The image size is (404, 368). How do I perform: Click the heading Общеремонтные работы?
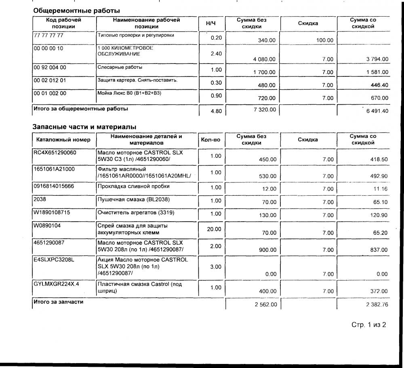(76, 10)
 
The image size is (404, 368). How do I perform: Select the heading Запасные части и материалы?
(84, 127)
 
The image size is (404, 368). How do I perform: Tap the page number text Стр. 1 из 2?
(369, 325)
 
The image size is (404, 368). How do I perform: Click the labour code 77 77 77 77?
(49, 35)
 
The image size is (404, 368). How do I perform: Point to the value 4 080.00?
(264, 59)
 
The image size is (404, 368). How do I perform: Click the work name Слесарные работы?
(120, 68)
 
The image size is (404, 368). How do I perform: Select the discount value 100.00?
(325, 40)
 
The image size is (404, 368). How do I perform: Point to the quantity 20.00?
(214, 229)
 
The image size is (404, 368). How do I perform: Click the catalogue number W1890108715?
(54, 212)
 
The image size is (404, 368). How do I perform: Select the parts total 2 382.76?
(377, 305)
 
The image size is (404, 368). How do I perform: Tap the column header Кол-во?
(210, 140)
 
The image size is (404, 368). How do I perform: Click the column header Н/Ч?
(210, 23)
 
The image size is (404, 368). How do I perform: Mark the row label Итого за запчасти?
(59, 302)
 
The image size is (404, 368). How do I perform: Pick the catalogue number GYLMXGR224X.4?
(57, 284)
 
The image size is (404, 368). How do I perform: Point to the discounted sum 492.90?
(379, 176)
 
